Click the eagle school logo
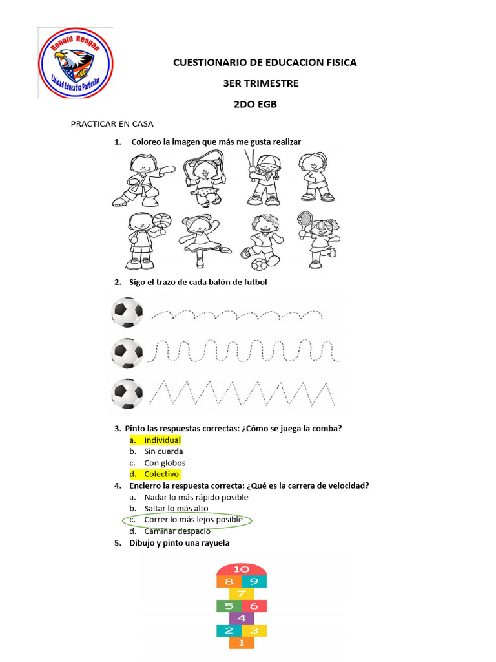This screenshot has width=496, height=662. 76,63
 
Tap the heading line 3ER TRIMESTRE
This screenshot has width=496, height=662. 252,83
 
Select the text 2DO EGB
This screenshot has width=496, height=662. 255,103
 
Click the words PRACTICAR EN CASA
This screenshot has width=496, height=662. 112,124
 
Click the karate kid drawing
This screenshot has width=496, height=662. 143,178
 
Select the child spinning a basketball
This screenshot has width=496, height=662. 144,240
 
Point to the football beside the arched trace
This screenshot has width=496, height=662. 127,312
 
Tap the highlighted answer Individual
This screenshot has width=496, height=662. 162,440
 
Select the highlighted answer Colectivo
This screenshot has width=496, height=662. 161,475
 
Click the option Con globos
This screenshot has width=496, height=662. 165,463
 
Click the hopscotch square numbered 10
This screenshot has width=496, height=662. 241,569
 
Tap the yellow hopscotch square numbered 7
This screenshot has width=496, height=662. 241,593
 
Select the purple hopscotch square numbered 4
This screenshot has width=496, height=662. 241,618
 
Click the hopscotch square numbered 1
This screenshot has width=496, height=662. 241,643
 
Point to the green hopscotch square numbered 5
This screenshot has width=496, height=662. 229,606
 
